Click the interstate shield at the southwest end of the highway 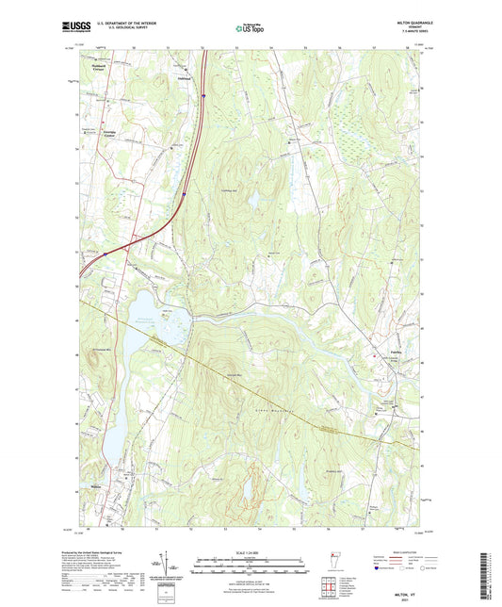(105, 252)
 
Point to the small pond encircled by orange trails (249, 489)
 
